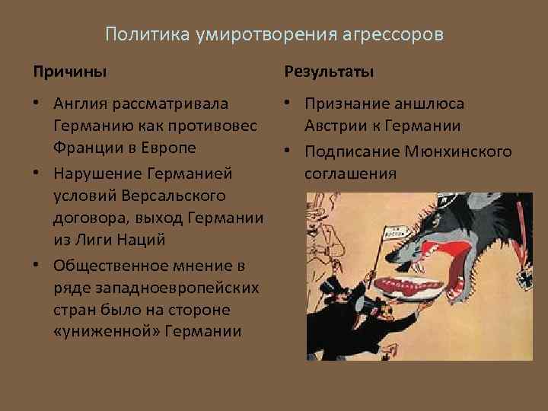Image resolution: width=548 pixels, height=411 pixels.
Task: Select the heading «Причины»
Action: (x=69, y=72)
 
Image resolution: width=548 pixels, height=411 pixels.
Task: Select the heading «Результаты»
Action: (x=329, y=72)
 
